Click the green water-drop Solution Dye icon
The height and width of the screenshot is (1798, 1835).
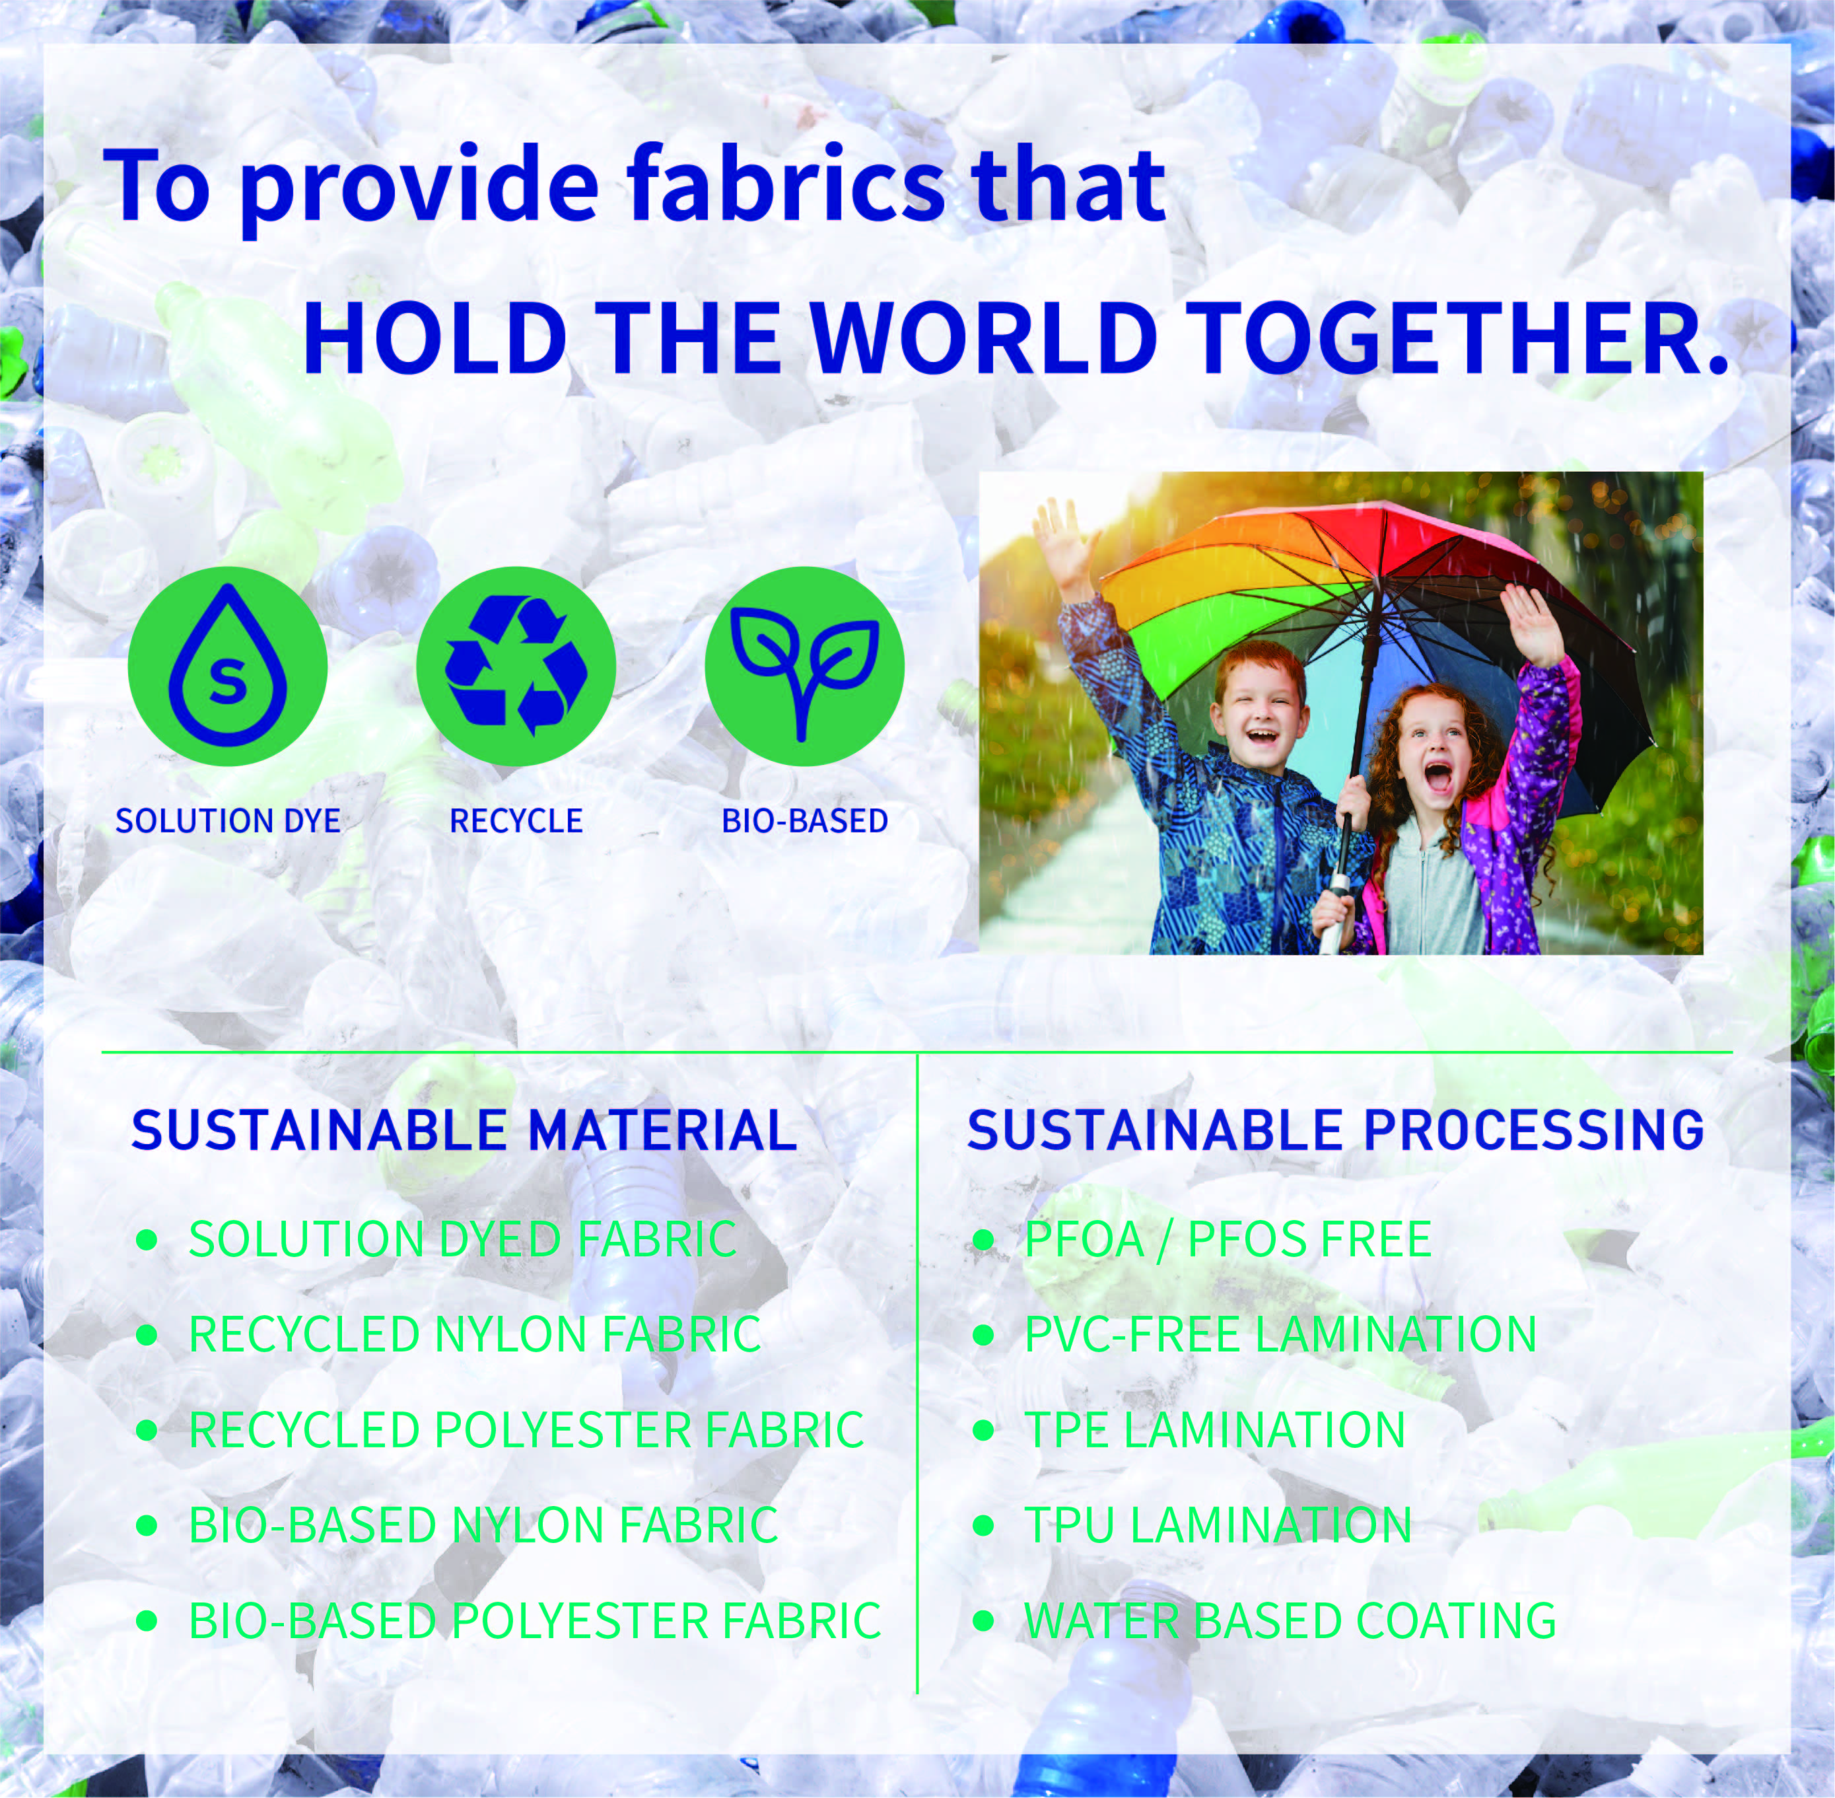coord(228,666)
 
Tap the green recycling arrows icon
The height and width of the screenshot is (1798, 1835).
coord(516,666)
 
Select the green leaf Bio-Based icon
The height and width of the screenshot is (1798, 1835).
coord(805,666)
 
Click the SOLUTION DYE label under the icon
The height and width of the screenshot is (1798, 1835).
coord(228,820)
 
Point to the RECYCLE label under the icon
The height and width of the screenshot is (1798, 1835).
coord(516,820)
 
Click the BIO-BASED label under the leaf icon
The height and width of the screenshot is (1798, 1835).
coord(805,820)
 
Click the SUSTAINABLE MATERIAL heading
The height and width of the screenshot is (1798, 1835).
coord(464,1130)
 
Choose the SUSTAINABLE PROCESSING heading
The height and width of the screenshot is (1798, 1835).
coord(1336,1130)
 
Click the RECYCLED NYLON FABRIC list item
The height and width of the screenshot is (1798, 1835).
coord(475,1334)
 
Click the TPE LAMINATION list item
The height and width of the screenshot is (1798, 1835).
coord(1216,1429)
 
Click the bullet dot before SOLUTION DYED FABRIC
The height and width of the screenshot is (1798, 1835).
coord(147,1240)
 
